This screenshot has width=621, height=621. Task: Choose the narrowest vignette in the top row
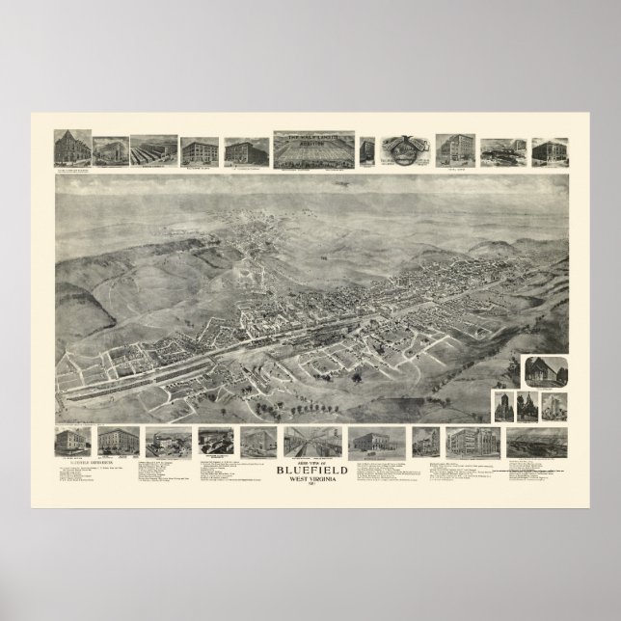367,150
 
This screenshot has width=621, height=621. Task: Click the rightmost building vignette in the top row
550,150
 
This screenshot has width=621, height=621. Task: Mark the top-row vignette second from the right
499,150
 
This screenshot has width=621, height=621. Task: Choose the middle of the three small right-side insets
527,406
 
